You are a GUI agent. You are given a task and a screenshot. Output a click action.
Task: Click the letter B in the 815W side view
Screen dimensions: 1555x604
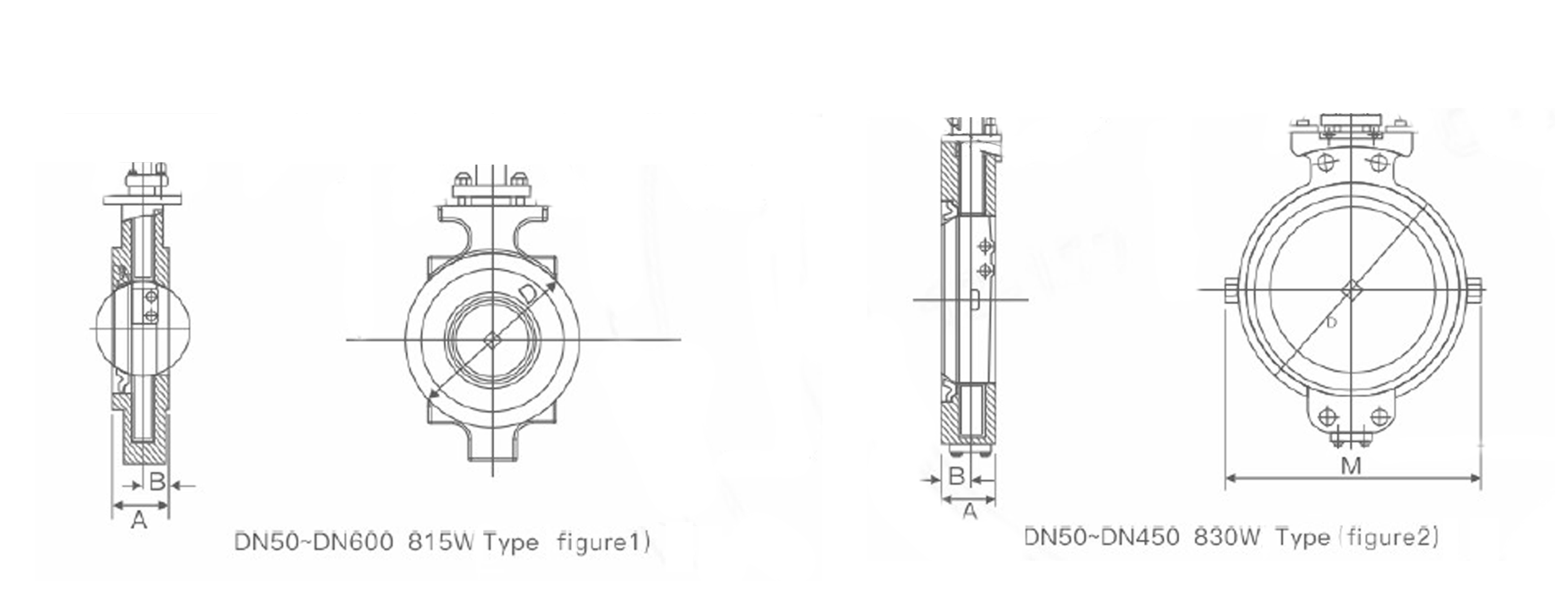pyautogui.click(x=157, y=482)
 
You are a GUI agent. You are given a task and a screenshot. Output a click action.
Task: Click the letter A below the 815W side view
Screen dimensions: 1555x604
pyautogui.click(x=139, y=519)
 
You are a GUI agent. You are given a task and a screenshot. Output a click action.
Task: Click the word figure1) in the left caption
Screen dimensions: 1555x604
pyautogui.click(x=603, y=541)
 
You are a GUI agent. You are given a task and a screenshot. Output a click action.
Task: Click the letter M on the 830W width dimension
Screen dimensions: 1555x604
pyautogui.click(x=1351, y=466)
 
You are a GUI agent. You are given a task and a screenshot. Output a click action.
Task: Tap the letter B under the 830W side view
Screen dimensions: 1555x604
pyautogui.click(x=957, y=476)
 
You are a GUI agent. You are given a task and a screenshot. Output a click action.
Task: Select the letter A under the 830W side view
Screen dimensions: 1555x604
pyautogui.click(x=970, y=512)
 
